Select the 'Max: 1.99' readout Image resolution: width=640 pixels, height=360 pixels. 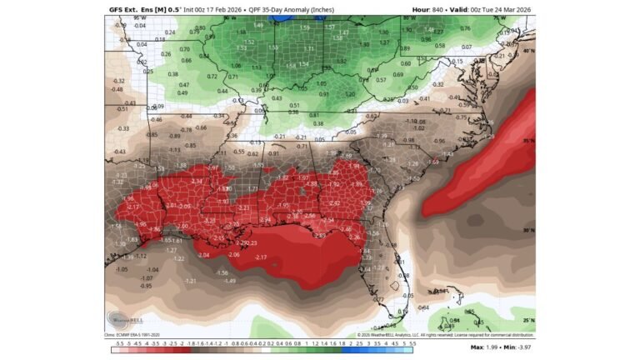(486, 347)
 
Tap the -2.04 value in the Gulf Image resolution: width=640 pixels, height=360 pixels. (202, 255)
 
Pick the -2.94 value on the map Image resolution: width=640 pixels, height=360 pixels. (265, 219)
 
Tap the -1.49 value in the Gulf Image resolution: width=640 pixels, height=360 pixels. (230, 281)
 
